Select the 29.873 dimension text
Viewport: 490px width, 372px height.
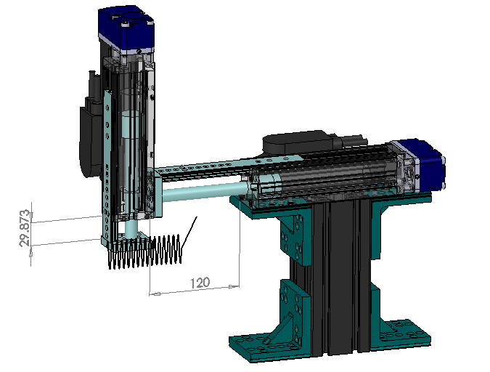[25, 230]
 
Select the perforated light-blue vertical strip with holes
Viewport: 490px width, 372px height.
[108, 167]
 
